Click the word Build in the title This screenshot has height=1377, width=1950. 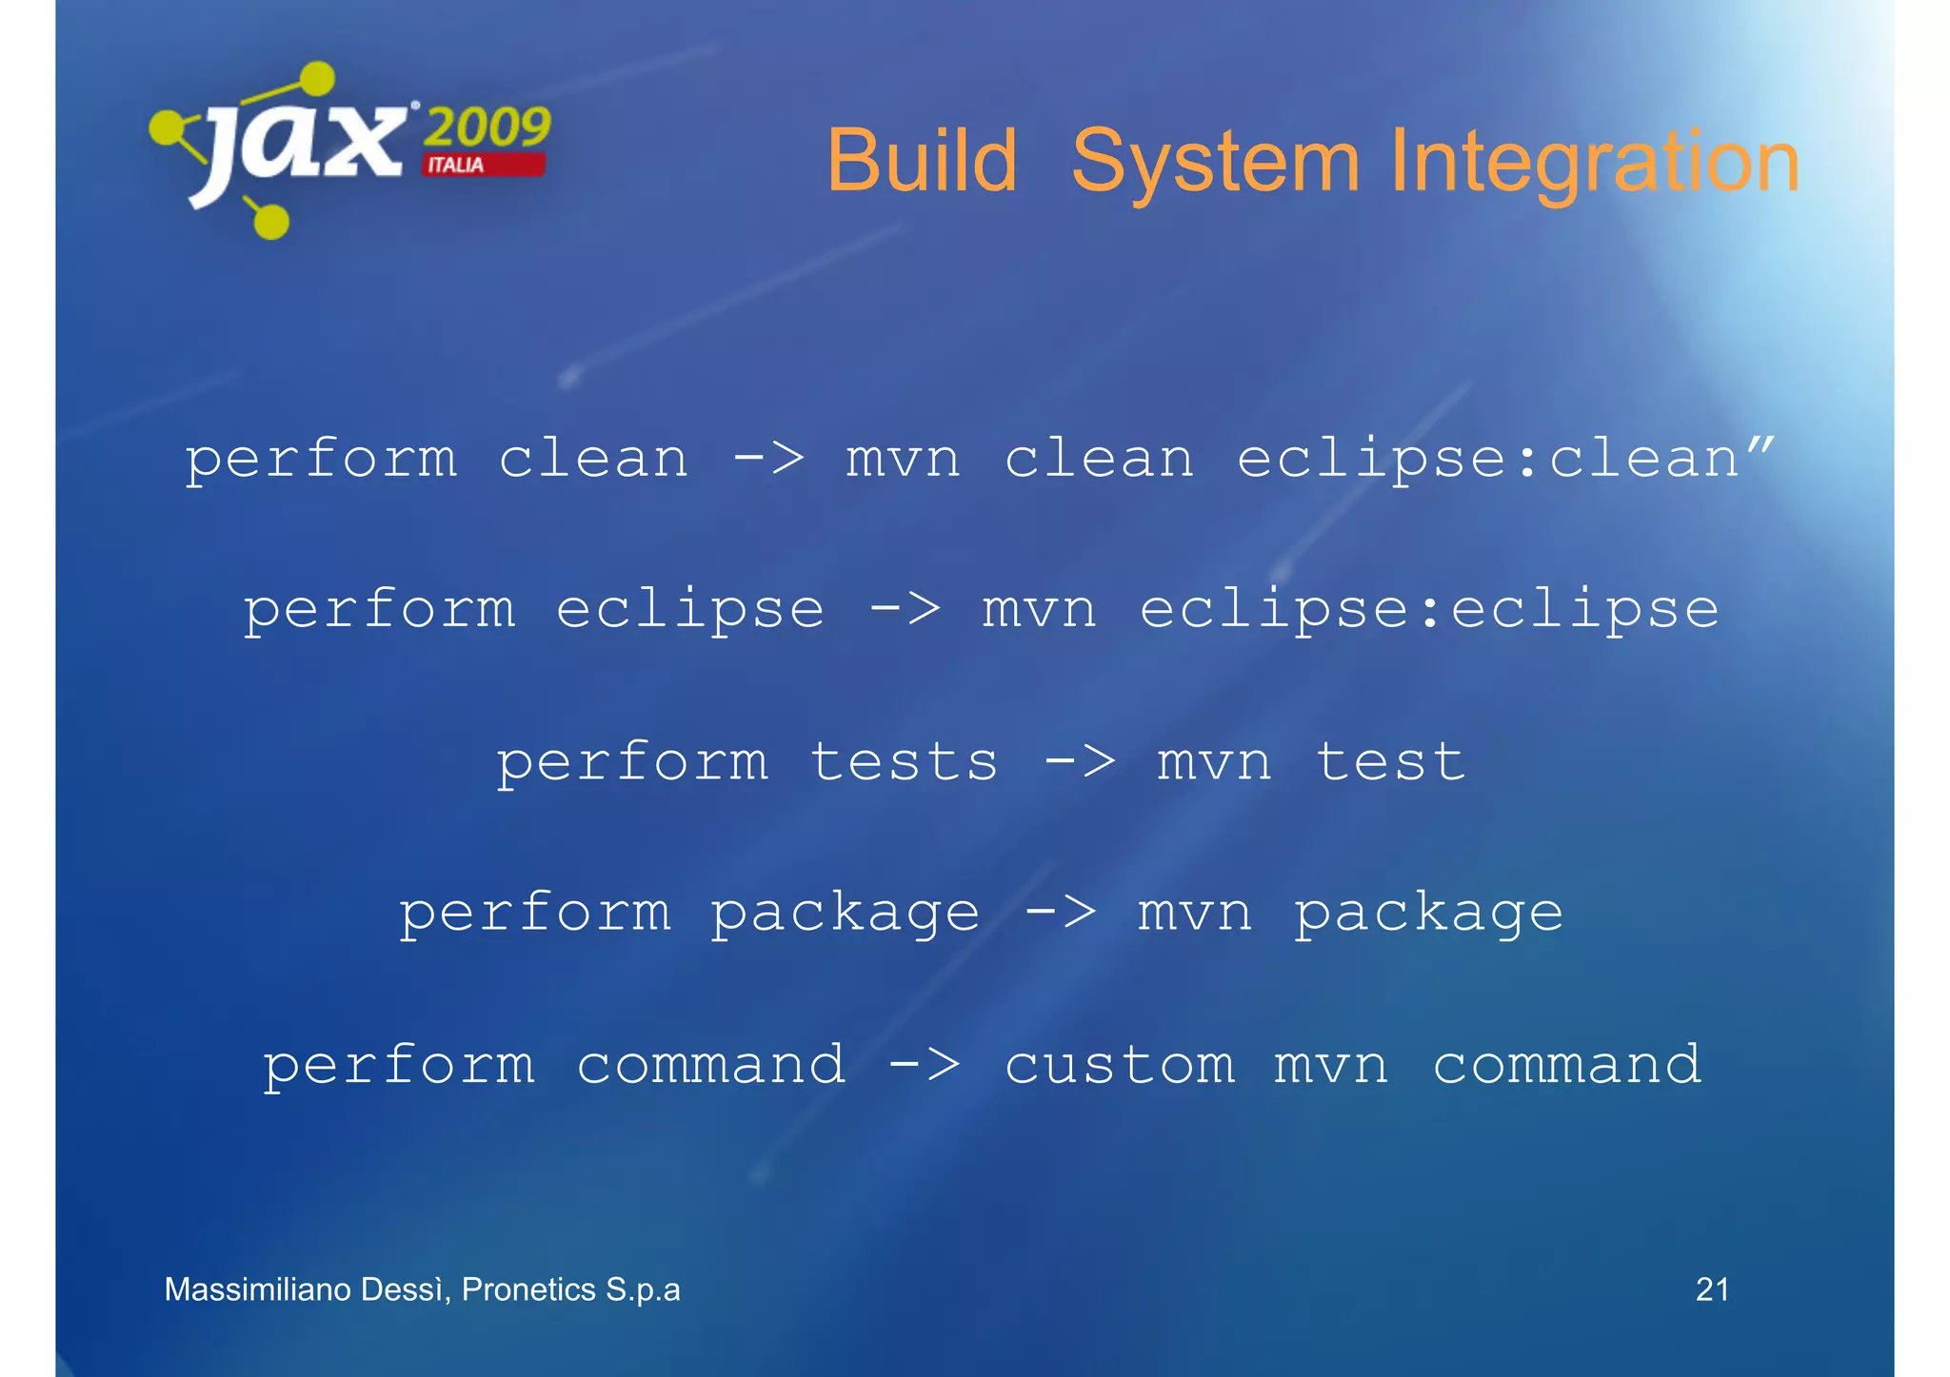(x=921, y=162)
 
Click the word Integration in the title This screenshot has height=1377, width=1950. (x=1595, y=162)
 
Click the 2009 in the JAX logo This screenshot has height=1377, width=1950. (x=487, y=127)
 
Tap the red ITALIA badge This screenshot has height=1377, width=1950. (x=484, y=165)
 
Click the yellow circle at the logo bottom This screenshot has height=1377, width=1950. (x=271, y=221)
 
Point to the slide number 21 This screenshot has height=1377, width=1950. (x=1712, y=1289)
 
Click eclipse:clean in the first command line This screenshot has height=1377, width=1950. (x=1488, y=459)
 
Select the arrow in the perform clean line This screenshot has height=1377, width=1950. (x=769, y=459)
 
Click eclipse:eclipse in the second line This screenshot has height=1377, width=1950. (x=1429, y=609)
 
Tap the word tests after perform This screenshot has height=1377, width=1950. (x=904, y=761)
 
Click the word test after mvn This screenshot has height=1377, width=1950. (x=1390, y=761)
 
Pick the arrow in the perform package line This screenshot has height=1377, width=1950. (x=1060, y=913)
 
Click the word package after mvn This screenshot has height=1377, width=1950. (x=1428, y=914)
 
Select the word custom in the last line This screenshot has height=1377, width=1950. (x=1120, y=1064)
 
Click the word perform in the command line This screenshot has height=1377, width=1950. (x=398, y=1065)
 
